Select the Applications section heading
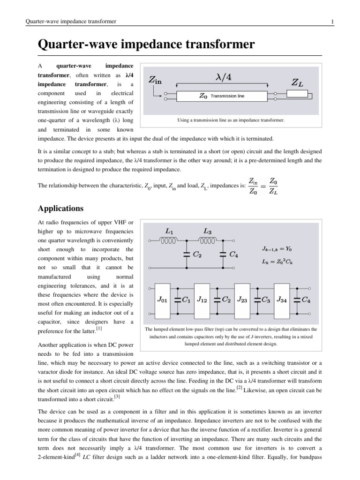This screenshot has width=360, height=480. (x=60, y=208)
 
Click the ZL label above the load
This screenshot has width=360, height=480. (x=297, y=82)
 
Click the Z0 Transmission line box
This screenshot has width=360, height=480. (x=222, y=97)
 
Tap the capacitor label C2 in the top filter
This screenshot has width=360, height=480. (x=197, y=254)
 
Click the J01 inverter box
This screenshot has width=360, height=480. (x=162, y=299)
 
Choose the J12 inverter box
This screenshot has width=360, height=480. (x=202, y=299)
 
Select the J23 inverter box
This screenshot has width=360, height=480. (x=242, y=299)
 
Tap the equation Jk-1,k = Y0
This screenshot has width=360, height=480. (x=277, y=248)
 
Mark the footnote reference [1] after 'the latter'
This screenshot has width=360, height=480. (x=99, y=329)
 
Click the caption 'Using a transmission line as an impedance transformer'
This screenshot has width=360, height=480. (x=231, y=120)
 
